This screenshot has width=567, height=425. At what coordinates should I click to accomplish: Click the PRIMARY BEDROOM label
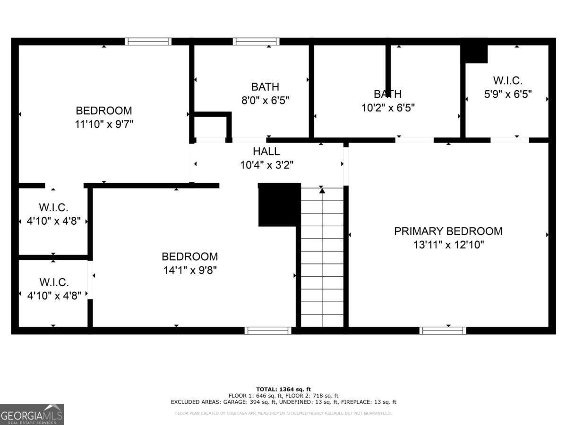tap(448, 231)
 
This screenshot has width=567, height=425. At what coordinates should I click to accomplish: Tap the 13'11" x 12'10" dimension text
tap(448, 245)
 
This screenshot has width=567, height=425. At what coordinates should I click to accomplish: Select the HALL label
tap(266, 152)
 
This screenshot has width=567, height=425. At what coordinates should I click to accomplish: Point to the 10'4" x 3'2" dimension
tap(266, 165)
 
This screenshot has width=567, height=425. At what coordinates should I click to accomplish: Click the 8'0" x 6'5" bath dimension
tap(265, 100)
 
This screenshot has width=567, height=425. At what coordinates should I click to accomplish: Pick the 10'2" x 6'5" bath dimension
tap(388, 108)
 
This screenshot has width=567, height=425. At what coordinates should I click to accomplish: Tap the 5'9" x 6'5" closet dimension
tap(507, 94)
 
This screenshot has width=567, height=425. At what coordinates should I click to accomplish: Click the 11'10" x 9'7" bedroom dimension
tap(104, 124)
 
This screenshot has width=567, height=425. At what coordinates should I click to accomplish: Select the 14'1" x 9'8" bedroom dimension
tap(189, 270)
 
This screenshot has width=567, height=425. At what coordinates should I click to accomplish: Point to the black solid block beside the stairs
tap(279, 204)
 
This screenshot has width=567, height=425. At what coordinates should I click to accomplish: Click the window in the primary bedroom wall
tap(443, 331)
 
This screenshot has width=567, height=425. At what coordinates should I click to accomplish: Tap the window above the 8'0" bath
tap(256, 42)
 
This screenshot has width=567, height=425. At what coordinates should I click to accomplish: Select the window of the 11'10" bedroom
tap(148, 42)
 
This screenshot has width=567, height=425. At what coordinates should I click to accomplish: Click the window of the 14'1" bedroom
tap(268, 331)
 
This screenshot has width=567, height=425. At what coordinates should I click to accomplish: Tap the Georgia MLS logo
tap(32, 414)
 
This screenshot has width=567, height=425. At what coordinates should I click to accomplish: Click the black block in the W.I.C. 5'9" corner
tap(474, 53)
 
